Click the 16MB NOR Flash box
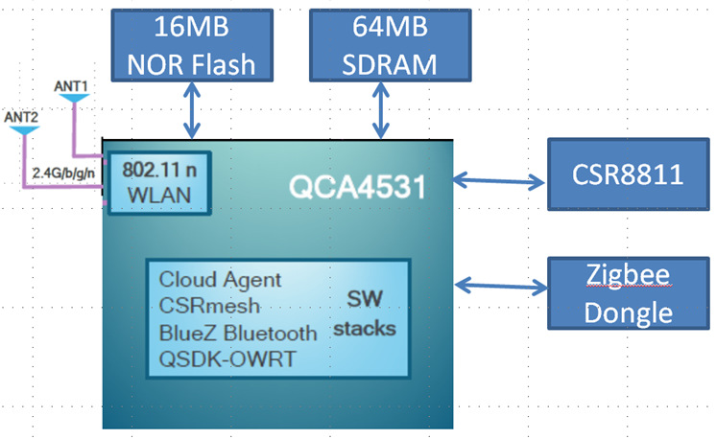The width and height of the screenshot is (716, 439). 192,46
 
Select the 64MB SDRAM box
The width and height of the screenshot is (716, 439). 381,46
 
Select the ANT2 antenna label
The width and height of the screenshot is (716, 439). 21,117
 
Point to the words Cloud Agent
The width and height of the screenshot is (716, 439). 221,280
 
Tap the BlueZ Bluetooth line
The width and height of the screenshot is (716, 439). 237,334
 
